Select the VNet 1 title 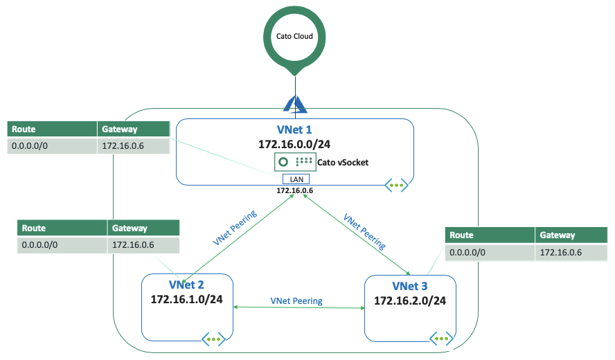[x=294, y=129]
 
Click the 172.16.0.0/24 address [x=294, y=145]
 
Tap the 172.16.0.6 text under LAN [x=295, y=190]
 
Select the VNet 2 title [x=186, y=285]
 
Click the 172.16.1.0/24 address [x=187, y=299]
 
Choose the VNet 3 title [x=410, y=286]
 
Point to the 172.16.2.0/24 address [x=410, y=300]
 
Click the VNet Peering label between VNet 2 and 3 [x=296, y=301]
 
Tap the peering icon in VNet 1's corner [x=396, y=186]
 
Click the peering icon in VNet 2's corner [x=213, y=339]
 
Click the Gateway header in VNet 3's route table [x=557, y=235]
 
